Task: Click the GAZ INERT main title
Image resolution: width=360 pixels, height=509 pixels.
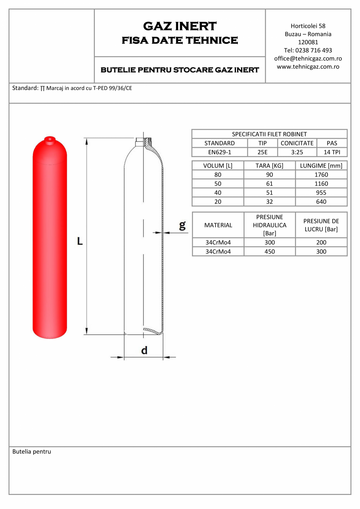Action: (x=180, y=26)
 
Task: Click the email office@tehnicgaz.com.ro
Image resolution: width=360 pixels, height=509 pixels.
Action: (x=308, y=58)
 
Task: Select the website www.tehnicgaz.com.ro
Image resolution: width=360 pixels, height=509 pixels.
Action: (x=308, y=67)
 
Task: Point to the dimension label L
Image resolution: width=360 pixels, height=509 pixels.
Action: (x=80, y=241)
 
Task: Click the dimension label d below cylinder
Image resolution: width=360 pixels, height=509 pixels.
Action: (x=144, y=350)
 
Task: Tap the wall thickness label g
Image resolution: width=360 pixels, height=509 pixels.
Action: (x=182, y=225)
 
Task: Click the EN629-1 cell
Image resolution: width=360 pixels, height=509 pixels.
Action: (x=220, y=152)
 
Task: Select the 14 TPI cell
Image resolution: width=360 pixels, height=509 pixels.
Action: (x=331, y=152)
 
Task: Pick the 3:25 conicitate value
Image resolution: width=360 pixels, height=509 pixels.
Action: (x=297, y=152)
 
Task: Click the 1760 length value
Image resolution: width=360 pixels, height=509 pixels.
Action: (x=321, y=175)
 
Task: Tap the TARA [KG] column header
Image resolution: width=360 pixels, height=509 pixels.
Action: (x=269, y=166)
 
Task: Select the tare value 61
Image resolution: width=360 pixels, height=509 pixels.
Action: (x=269, y=184)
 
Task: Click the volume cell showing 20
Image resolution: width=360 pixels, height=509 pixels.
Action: (x=218, y=202)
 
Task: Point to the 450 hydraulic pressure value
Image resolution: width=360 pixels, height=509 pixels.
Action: (x=270, y=251)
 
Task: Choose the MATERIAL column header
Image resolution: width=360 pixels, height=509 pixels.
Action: (x=218, y=225)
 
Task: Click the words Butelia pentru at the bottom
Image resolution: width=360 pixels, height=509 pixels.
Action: (x=32, y=451)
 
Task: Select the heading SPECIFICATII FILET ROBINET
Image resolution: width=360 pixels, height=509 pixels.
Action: (x=269, y=134)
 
